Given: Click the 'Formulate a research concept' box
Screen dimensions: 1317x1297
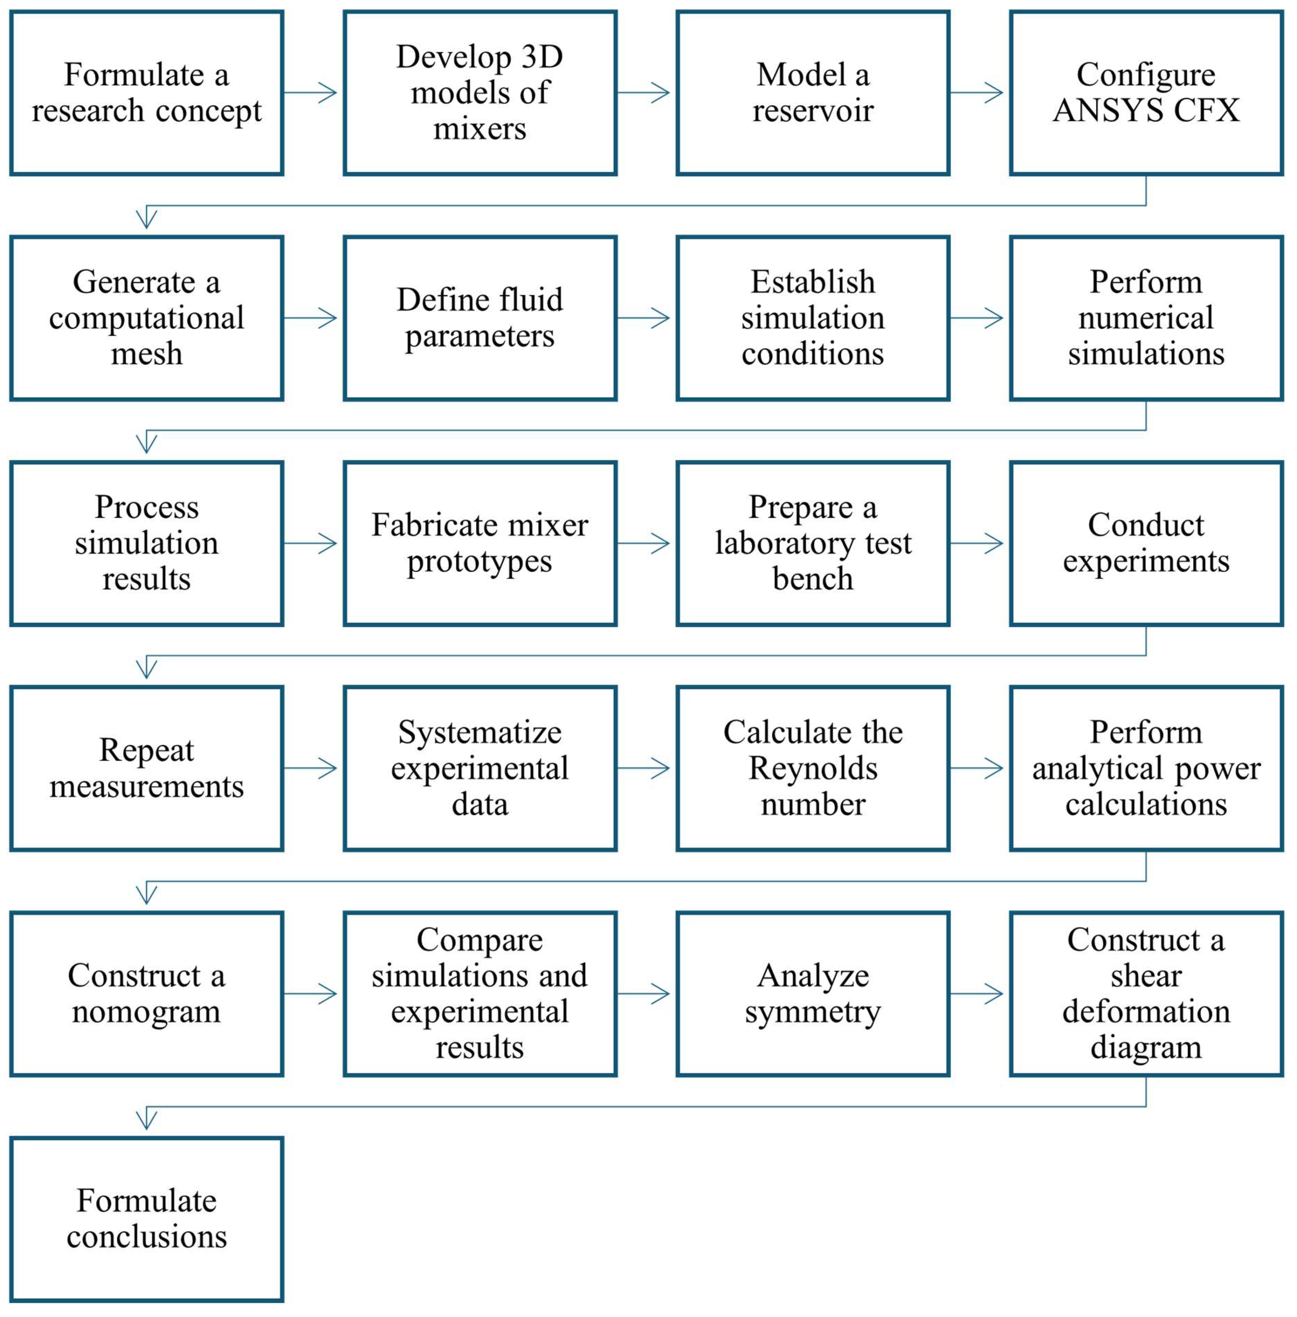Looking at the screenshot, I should pyautogui.click(x=147, y=93).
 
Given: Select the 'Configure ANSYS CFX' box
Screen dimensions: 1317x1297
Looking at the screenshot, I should pyautogui.click(x=1146, y=93).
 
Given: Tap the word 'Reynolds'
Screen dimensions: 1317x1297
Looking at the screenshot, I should pyautogui.click(x=813, y=768).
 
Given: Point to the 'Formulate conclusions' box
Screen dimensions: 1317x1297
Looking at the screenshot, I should pyautogui.click(x=147, y=1219).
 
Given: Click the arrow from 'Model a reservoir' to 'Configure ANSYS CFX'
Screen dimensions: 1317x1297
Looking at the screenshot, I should pyautogui.click(x=977, y=93).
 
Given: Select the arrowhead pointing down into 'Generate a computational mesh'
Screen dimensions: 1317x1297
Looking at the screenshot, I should pyautogui.click(x=147, y=218).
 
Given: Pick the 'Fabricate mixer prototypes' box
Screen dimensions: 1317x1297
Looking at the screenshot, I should pyautogui.click(x=480, y=543).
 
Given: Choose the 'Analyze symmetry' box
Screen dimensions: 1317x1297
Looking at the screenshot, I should pyautogui.click(x=813, y=994).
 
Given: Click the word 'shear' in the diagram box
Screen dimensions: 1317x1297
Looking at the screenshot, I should pyautogui.click(x=1146, y=975).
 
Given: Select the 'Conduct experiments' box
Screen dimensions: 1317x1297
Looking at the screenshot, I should pyautogui.click(x=1146, y=543).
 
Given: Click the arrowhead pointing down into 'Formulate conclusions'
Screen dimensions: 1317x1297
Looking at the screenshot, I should pyautogui.click(x=147, y=1119).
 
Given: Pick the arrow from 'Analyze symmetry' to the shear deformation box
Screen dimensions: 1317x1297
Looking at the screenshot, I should pyautogui.click(x=977, y=994).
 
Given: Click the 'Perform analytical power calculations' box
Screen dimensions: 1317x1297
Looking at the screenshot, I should pyautogui.click(x=1146, y=768).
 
